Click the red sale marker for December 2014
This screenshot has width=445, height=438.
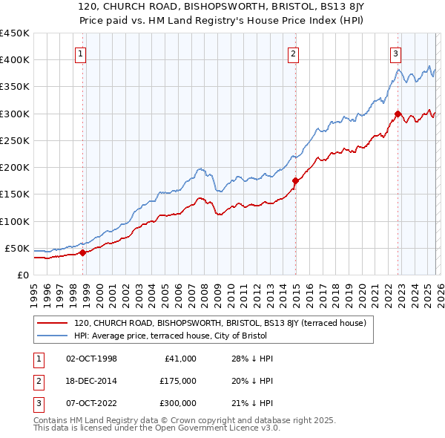[295, 180]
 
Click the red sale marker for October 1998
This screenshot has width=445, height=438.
[82, 252]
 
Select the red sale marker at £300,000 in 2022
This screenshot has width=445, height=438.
[398, 114]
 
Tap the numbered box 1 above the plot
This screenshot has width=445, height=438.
[80, 53]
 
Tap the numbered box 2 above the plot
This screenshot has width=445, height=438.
[294, 53]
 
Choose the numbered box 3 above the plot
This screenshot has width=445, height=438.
[396, 53]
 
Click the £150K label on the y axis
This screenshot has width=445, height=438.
[15, 195]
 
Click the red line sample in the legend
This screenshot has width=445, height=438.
[53, 323]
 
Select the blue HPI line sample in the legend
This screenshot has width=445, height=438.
[53, 336]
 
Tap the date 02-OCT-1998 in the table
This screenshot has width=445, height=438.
[91, 359]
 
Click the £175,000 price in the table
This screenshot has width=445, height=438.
[177, 381]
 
